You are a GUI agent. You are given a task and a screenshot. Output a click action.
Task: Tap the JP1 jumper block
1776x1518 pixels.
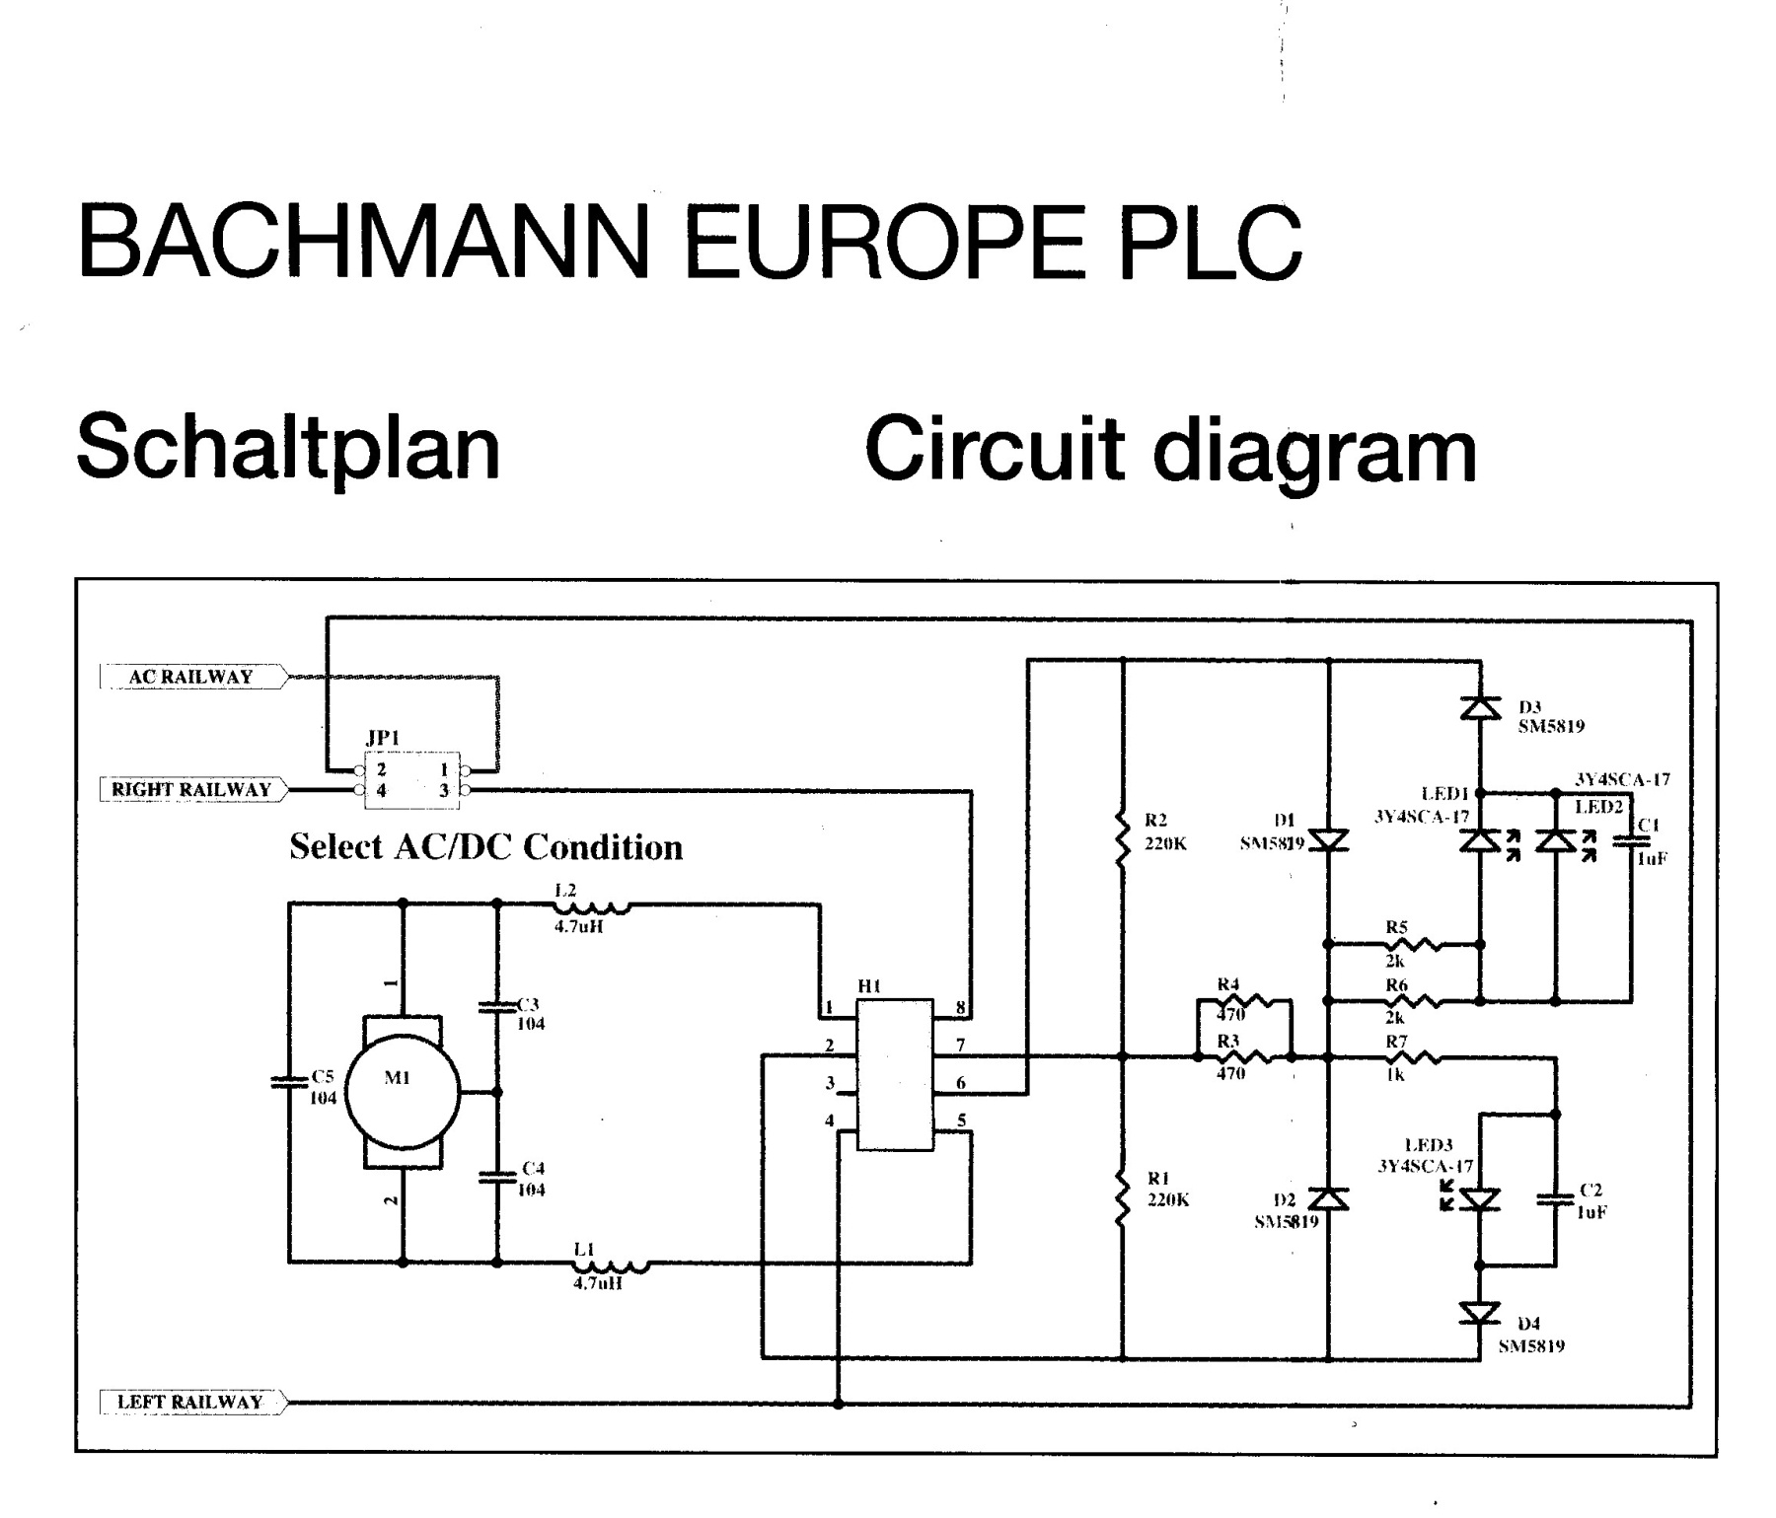coord(412,780)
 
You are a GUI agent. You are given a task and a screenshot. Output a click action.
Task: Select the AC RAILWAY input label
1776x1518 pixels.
coord(191,677)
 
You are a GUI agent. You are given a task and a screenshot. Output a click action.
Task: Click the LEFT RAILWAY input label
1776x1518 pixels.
coord(190,1402)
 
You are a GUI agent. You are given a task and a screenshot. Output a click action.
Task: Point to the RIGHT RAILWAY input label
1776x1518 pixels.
coord(191,789)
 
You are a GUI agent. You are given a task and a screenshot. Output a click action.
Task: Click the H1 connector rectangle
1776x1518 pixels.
coord(894,1074)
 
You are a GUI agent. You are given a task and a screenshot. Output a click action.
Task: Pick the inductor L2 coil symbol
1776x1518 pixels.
coord(592,905)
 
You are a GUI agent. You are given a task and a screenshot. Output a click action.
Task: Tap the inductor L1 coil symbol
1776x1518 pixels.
coord(612,1263)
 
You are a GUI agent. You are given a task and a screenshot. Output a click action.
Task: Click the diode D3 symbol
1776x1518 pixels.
coord(1479,707)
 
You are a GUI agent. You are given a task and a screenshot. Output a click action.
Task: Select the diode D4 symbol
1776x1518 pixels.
coord(1479,1313)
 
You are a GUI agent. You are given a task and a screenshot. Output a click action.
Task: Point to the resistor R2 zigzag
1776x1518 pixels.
coord(1122,838)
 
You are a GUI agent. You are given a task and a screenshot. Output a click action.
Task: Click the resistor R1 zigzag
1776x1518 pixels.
coord(1122,1197)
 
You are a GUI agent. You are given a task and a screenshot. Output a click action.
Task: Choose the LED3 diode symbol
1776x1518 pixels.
coord(1479,1199)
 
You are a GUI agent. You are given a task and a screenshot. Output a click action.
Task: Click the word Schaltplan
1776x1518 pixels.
coord(288,447)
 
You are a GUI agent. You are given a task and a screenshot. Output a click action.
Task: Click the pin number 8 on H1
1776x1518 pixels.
coord(960,1008)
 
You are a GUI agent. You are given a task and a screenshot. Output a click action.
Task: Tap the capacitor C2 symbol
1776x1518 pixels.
coord(1555,1199)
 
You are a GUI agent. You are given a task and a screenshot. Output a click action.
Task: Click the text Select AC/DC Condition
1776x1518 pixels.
coord(485,847)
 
